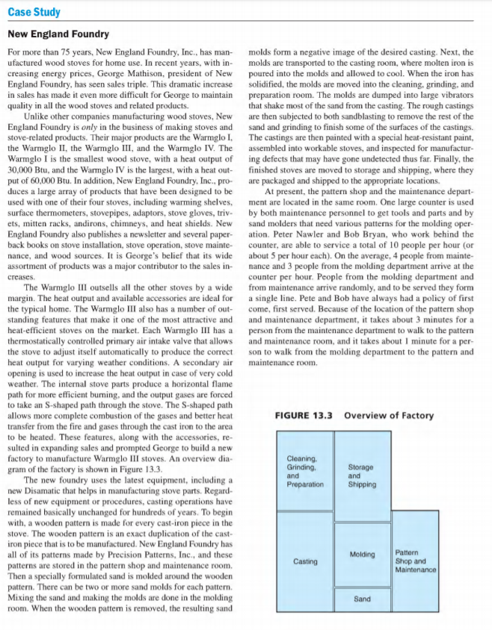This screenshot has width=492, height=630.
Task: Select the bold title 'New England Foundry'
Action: click(58, 34)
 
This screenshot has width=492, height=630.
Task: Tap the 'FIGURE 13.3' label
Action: click(304, 416)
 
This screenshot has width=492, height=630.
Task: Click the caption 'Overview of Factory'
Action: click(388, 416)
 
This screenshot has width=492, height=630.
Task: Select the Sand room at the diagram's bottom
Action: click(362, 599)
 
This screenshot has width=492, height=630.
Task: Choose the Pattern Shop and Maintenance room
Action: click(415, 561)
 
